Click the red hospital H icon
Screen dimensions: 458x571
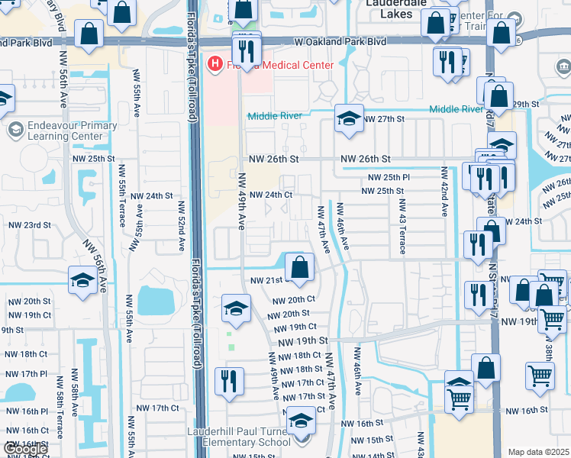click(x=215, y=64)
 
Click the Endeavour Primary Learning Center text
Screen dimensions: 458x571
click(x=61, y=131)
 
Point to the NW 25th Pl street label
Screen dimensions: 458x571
click(x=389, y=177)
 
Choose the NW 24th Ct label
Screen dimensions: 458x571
click(x=272, y=195)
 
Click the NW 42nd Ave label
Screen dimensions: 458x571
click(x=444, y=197)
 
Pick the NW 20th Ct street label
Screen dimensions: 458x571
click(x=294, y=300)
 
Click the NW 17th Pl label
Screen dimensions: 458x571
click(x=24, y=374)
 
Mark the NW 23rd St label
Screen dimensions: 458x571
click(x=29, y=225)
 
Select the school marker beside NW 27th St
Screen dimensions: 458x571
click(x=349, y=120)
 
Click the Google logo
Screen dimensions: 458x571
click(x=24, y=449)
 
